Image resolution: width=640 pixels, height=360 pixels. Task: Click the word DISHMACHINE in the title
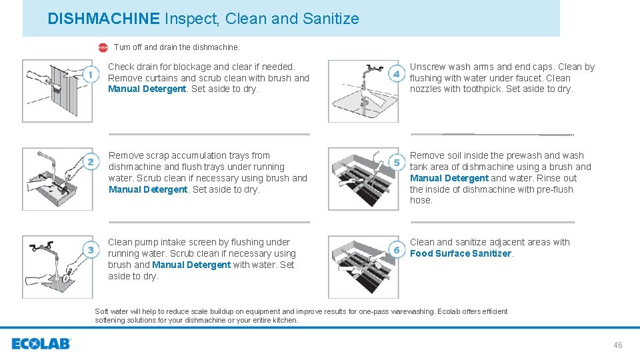[x=103, y=19]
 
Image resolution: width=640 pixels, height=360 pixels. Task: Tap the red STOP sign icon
[x=103, y=47]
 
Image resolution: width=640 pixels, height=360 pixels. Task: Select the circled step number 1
[x=91, y=75]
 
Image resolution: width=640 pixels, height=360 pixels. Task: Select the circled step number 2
[x=91, y=162]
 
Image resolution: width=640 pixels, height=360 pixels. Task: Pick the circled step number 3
[x=91, y=250]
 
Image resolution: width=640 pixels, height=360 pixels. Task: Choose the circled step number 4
[x=397, y=74]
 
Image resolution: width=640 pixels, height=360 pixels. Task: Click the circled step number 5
[x=397, y=162]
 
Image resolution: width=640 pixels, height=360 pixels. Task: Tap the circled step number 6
[x=397, y=249]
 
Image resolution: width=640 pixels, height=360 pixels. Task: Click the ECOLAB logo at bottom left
[x=41, y=344]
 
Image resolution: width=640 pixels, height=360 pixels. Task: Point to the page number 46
[x=617, y=345]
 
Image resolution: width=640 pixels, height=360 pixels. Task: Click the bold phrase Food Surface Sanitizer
[x=461, y=253]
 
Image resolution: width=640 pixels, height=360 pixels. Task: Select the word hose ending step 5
[x=421, y=200]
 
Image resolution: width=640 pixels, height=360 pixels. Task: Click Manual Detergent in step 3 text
[x=191, y=265]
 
